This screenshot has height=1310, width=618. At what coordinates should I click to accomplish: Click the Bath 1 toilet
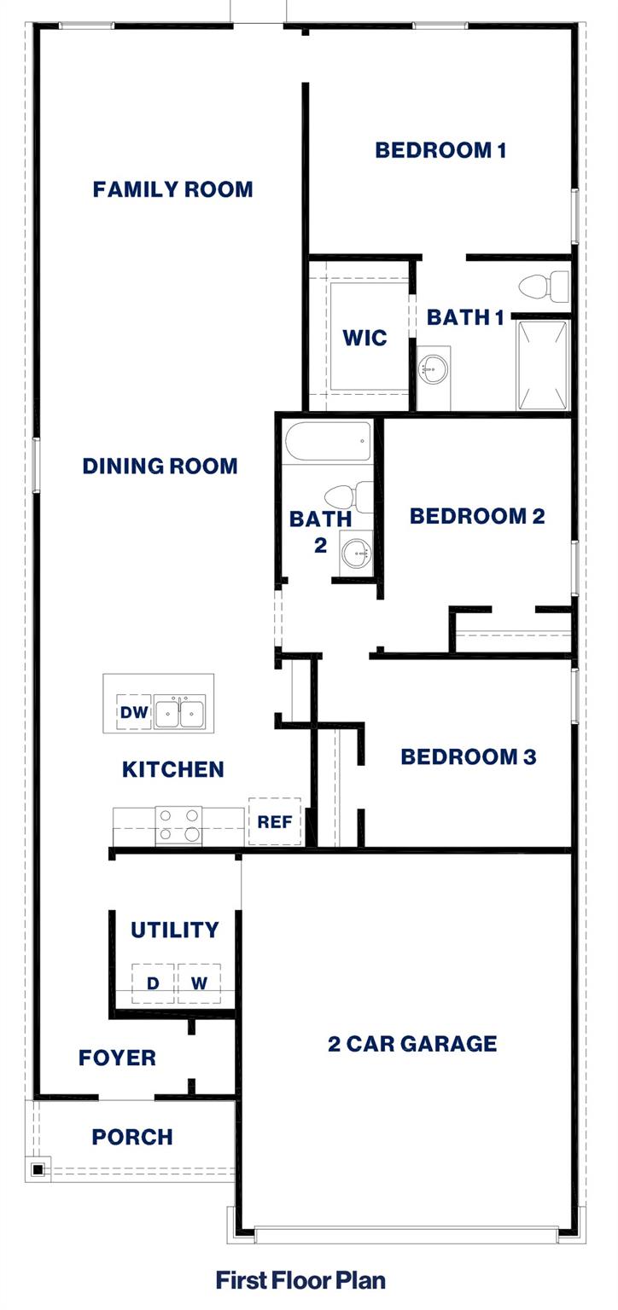click(544, 287)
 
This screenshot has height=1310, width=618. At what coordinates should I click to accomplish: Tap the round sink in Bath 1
click(433, 370)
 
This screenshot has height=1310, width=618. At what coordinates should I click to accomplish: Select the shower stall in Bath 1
click(542, 365)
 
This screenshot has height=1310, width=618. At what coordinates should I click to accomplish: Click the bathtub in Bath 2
click(329, 442)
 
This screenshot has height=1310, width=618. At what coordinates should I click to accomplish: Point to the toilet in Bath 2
click(349, 496)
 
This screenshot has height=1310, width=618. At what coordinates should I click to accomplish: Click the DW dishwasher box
click(134, 712)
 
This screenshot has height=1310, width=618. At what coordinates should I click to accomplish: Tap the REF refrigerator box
click(275, 821)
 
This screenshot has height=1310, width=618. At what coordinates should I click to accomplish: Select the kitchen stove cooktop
click(179, 826)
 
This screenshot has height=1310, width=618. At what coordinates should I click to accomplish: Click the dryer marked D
click(153, 983)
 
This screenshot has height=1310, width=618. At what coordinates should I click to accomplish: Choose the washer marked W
click(199, 983)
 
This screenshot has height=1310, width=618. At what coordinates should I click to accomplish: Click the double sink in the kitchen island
click(180, 712)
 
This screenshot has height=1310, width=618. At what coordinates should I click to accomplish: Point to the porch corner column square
click(38, 1169)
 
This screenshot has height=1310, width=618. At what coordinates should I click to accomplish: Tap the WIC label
click(364, 338)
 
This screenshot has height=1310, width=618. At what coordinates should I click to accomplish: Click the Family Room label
click(172, 189)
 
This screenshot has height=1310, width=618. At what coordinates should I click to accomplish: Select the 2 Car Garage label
click(412, 1043)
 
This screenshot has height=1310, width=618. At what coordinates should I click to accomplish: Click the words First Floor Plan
click(300, 1280)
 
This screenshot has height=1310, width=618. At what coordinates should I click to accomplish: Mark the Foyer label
click(117, 1058)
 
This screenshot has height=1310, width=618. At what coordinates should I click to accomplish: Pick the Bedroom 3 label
click(468, 756)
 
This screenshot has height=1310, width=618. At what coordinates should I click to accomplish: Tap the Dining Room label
click(160, 467)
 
